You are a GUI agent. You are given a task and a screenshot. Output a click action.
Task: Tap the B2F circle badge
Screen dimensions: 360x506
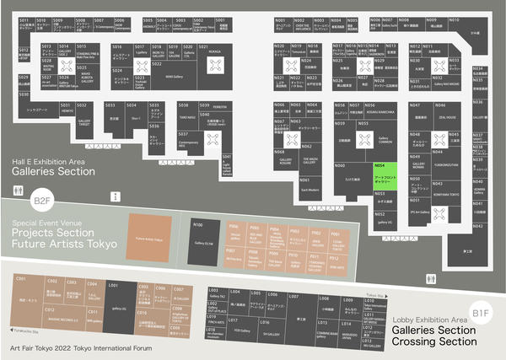[40, 201]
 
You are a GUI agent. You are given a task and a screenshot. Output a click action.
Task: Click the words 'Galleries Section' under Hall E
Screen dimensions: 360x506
[53, 171]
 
